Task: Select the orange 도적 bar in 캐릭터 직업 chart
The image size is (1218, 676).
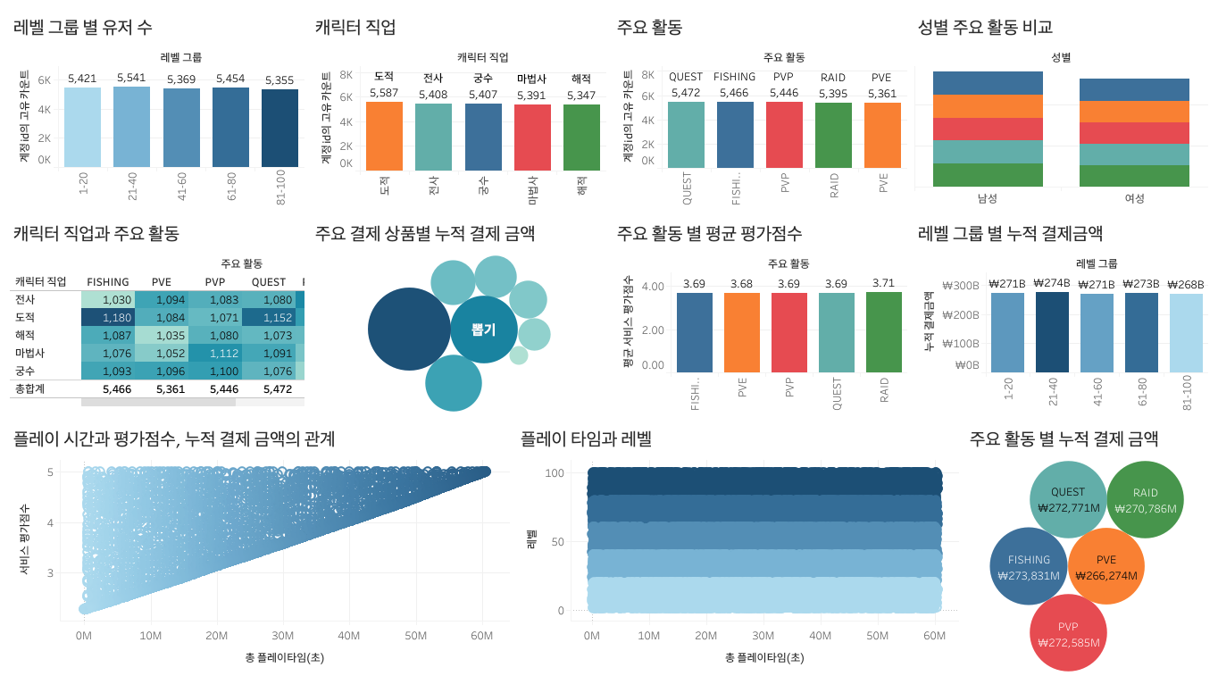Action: pos(384,134)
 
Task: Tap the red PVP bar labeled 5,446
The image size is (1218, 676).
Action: pos(784,134)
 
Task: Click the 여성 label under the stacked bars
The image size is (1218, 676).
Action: pos(1134,198)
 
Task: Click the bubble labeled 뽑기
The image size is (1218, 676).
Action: pos(484,330)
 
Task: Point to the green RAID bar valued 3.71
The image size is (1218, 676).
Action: pos(884,331)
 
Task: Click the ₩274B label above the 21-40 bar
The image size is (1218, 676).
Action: pos(1051,284)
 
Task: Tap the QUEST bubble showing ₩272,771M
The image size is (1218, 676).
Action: pos(1068,499)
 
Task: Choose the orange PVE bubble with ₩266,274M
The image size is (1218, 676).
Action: pos(1105,567)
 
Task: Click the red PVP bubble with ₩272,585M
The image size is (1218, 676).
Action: pos(1068,633)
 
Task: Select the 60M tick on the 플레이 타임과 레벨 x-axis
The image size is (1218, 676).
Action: pos(934,636)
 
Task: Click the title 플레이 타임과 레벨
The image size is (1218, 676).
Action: pos(586,439)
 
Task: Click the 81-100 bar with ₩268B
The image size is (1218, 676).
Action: pos(1186,332)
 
